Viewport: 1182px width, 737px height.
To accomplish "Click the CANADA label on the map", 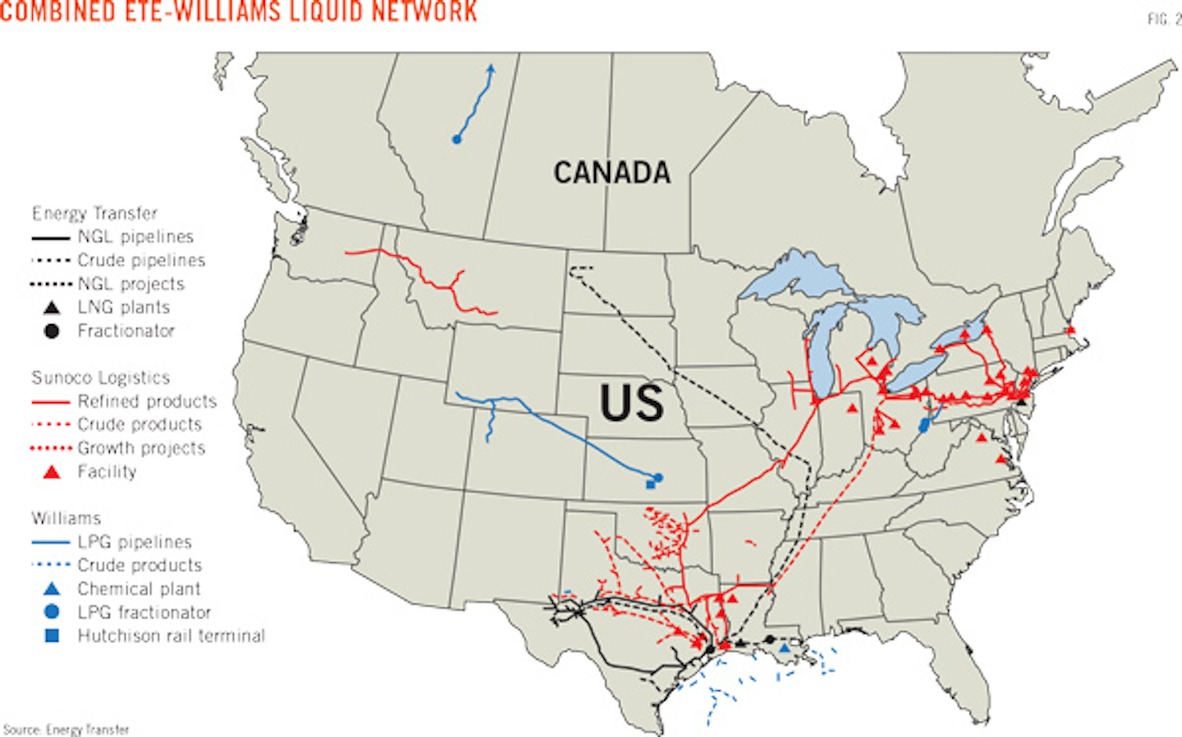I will (612, 172).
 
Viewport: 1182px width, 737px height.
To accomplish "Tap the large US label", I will (631, 403).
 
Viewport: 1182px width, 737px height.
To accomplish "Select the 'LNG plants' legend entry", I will (123, 308).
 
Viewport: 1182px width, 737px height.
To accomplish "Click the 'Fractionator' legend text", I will (126, 331).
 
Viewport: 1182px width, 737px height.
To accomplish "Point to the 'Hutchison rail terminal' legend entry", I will (171, 636).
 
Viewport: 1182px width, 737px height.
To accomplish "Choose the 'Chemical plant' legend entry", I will (139, 589).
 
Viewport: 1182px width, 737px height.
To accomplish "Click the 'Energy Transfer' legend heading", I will (94, 213).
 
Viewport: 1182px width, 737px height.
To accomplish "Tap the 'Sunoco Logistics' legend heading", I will (100, 378).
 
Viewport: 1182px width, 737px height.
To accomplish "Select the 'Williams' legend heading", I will (66, 519).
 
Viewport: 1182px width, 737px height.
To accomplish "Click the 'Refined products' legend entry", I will (147, 401).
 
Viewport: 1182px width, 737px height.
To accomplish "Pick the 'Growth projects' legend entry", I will (141, 448).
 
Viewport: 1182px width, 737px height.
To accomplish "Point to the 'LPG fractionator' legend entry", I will (144, 612).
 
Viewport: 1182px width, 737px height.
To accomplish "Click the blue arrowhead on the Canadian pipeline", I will (491, 69).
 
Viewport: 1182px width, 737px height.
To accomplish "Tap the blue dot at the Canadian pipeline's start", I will (456, 140).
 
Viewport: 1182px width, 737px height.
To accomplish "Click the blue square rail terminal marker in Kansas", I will (650, 485).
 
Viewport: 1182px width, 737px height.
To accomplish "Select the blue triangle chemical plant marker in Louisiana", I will (784, 648).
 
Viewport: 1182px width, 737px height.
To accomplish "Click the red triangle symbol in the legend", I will (52, 472).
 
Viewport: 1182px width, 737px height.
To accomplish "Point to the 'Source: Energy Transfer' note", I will (66, 729).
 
